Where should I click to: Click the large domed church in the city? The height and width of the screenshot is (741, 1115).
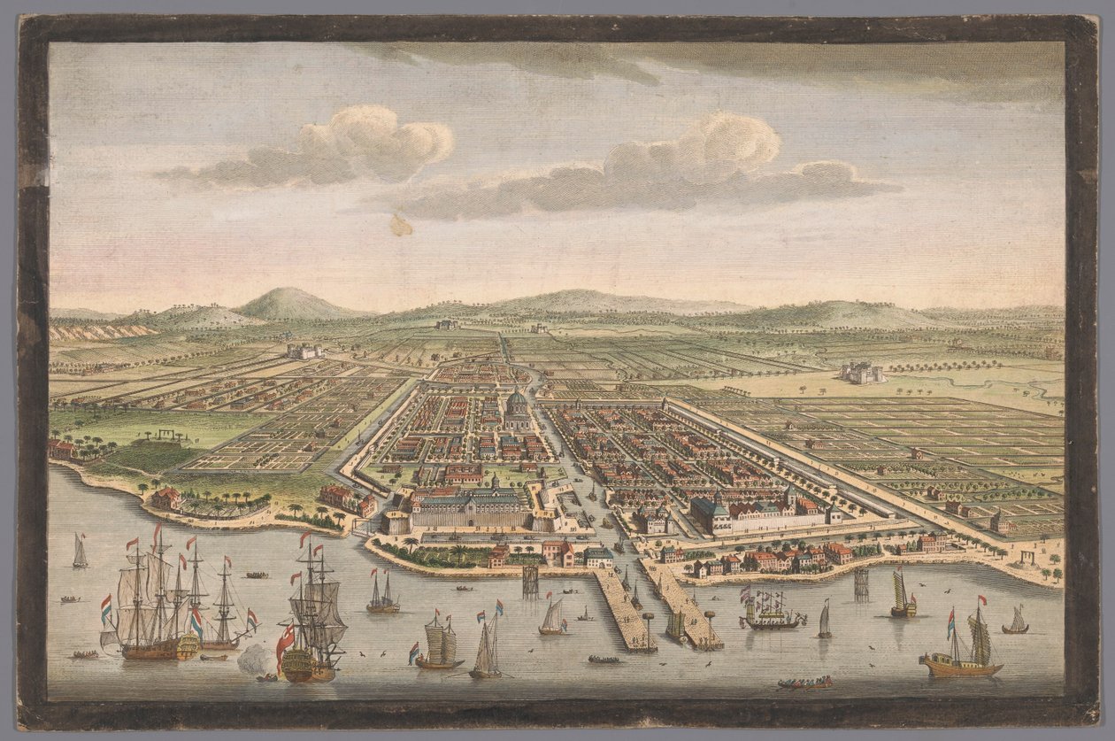coord(517,410)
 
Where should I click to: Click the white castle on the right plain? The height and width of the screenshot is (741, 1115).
coord(859,373)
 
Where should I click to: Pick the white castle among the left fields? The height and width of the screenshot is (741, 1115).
coord(304,351)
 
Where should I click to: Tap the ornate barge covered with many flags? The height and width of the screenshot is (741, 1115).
coord(771,611)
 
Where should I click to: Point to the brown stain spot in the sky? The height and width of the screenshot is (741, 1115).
coord(401,226)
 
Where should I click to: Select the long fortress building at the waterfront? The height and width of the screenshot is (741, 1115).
coord(469,511)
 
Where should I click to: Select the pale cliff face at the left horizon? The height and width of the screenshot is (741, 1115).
coord(97,331)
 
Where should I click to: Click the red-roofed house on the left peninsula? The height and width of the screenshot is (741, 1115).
coord(165,498)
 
